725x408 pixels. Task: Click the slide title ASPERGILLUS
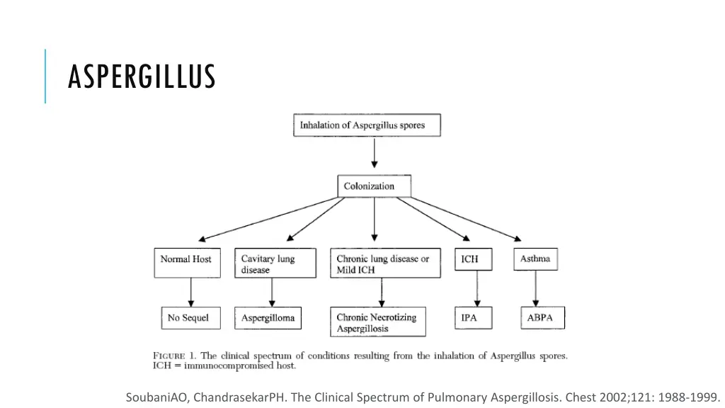[141, 76]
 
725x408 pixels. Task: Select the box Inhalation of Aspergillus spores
[367, 125]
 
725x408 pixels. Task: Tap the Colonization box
[373, 186]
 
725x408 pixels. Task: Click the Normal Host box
[186, 262]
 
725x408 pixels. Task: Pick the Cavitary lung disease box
[275, 263]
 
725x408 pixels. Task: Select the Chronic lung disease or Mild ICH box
[384, 263]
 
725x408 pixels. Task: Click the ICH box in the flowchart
[470, 259]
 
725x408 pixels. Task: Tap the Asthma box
[535, 259]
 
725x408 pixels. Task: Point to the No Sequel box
[190, 318]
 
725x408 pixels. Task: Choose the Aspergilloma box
[268, 318]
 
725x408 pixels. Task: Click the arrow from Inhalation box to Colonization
[374, 155]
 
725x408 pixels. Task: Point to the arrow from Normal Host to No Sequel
[190, 292]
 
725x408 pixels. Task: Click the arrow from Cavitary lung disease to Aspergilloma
[272, 293]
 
